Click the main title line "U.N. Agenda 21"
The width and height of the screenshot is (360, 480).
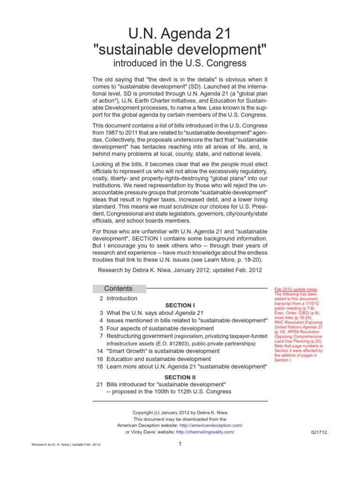click(x=180, y=33)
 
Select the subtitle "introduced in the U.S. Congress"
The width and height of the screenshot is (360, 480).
click(x=180, y=63)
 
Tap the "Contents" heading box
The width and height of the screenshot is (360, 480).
click(x=119, y=289)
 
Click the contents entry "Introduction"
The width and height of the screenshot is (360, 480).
click(x=122, y=298)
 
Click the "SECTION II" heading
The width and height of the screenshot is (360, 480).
click(x=180, y=377)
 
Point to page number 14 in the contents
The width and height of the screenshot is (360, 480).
click(x=99, y=351)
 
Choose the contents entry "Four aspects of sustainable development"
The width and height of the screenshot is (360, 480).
click(x=160, y=328)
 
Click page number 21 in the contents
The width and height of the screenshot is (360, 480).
click(x=99, y=384)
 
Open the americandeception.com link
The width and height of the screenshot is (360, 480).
click(x=214, y=425)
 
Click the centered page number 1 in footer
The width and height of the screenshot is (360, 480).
click(x=180, y=444)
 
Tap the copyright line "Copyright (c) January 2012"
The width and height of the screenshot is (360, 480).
click(x=180, y=412)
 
